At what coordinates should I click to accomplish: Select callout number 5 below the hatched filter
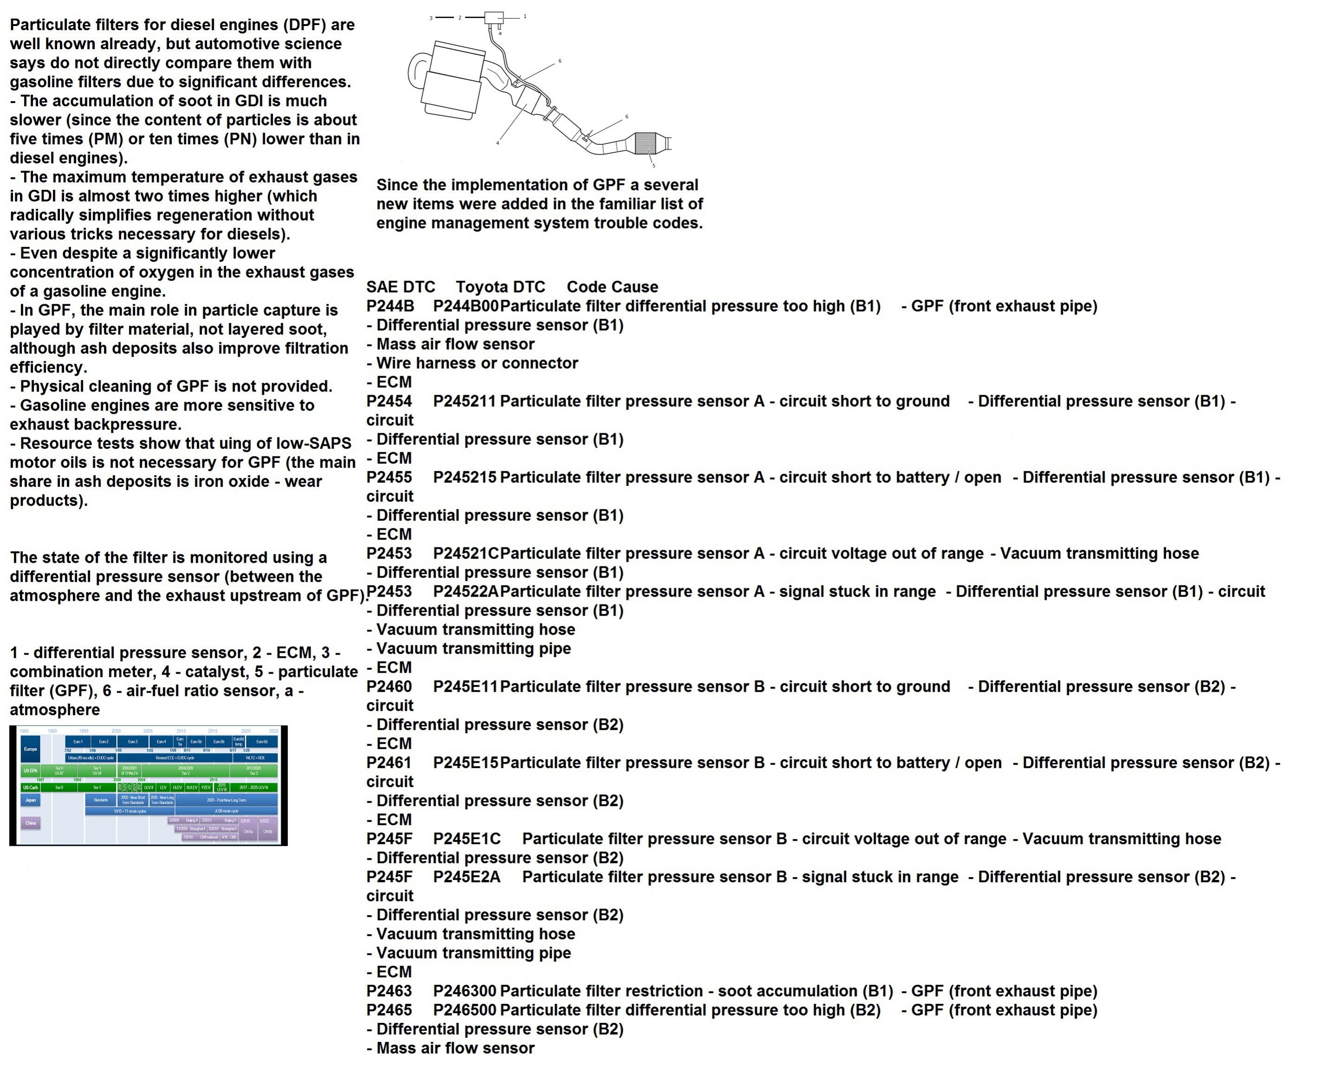coord(654,166)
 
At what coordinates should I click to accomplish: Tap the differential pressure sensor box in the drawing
coord(494,18)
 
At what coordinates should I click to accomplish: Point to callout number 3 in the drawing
coord(431,18)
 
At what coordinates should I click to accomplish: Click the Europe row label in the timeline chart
coord(31,749)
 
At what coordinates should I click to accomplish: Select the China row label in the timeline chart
coord(31,823)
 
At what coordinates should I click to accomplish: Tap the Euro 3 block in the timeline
coord(133,741)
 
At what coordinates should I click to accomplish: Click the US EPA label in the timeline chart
coord(31,771)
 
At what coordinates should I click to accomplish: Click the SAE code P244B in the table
coord(390,306)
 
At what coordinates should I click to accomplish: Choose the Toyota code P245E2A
coord(467,877)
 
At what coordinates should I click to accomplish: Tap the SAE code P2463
coord(389,991)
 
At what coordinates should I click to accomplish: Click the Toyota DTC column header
coord(500,287)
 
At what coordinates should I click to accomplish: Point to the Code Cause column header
coord(612,287)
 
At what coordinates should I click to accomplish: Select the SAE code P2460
coord(389,687)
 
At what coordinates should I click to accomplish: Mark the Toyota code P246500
coord(464,1010)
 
